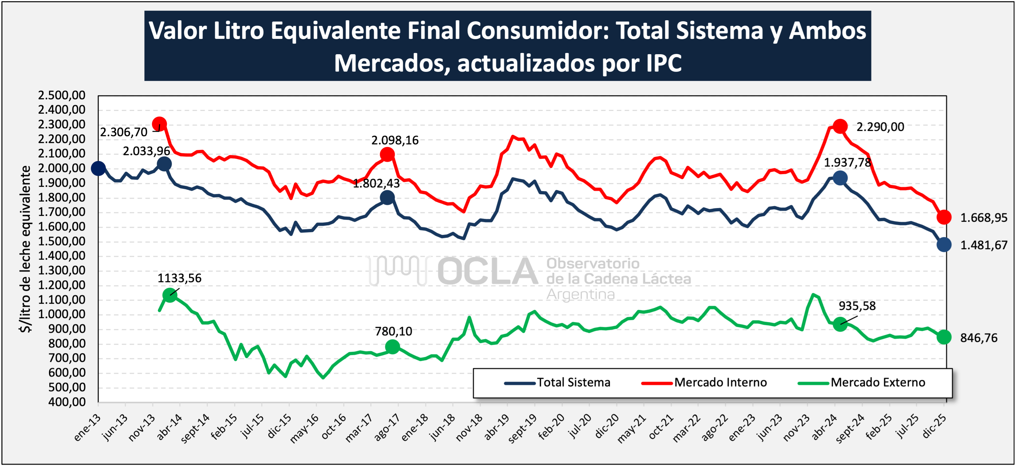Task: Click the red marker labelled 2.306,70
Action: (x=159, y=124)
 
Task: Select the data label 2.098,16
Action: (x=395, y=140)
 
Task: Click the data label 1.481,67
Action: (x=983, y=245)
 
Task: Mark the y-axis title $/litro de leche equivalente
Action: (x=25, y=249)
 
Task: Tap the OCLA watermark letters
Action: (x=487, y=271)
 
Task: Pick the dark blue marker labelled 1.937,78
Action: (x=840, y=178)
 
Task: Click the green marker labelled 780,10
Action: (x=392, y=347)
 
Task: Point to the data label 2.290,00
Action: (x=880, y=127)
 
